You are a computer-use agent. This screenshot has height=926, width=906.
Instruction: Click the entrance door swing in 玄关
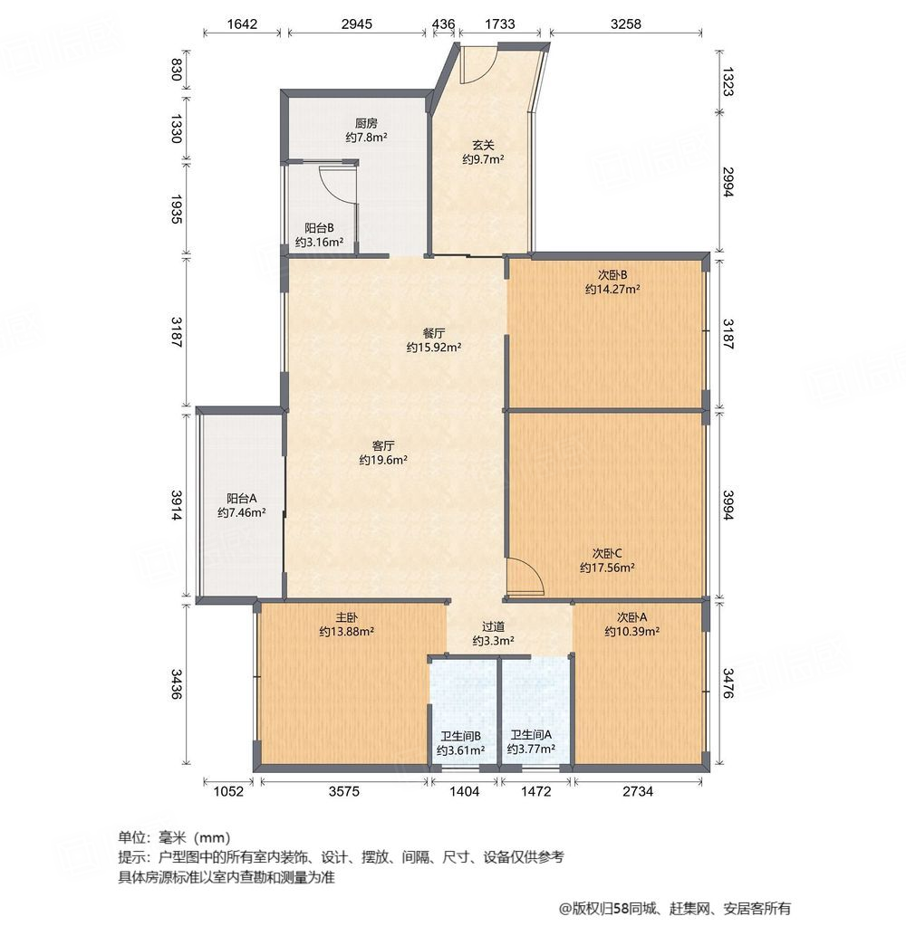pos(477,63)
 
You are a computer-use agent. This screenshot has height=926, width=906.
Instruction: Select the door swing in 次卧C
pos(524,577)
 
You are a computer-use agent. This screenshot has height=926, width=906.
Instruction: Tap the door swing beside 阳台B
pos(337,184)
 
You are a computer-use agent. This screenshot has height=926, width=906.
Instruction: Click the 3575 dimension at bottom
pos(344,791)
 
